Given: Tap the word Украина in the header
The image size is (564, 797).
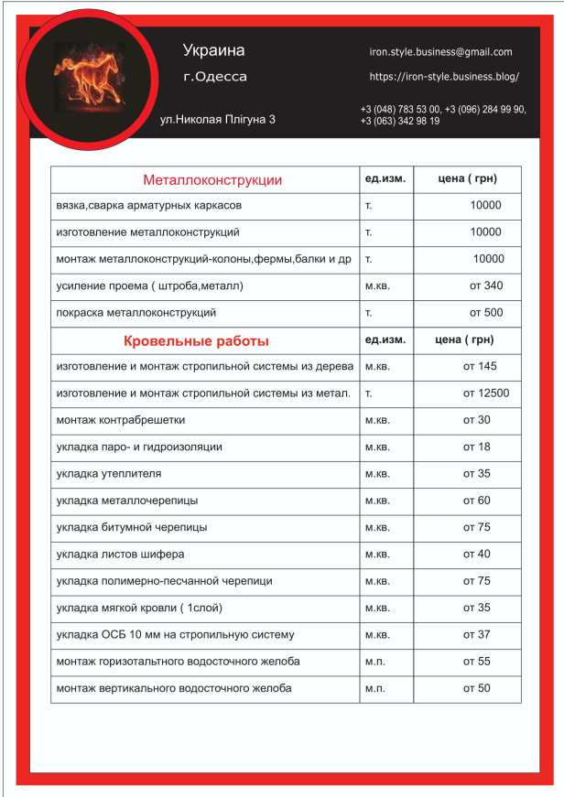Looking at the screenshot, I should (213, 50).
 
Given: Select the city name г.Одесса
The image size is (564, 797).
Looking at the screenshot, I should (215, 77).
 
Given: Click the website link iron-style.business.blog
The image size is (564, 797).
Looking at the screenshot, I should (444, 77).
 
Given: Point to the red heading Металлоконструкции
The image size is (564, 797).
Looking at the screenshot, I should (212, 180).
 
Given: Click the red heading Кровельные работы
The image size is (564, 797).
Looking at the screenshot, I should (196, 341).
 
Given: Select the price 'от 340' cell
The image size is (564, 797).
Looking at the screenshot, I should (485, 285).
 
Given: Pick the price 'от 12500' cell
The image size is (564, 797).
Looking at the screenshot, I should (485, 393).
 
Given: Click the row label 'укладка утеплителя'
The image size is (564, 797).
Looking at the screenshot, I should (109, 474).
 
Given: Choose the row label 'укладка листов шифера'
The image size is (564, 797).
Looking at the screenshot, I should (120, 555).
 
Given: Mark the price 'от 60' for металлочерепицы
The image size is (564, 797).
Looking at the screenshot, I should (476, 501).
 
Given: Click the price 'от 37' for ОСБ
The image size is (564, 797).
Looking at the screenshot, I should (476, 634).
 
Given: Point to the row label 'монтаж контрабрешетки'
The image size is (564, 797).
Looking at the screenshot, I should (120, 420).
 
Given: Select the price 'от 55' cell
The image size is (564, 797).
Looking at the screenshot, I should (476, 662).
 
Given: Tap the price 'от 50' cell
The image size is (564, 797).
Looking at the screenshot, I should (476, 688).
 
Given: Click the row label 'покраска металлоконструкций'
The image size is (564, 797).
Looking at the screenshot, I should (136, 313).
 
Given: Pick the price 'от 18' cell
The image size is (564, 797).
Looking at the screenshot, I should (476, 447).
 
